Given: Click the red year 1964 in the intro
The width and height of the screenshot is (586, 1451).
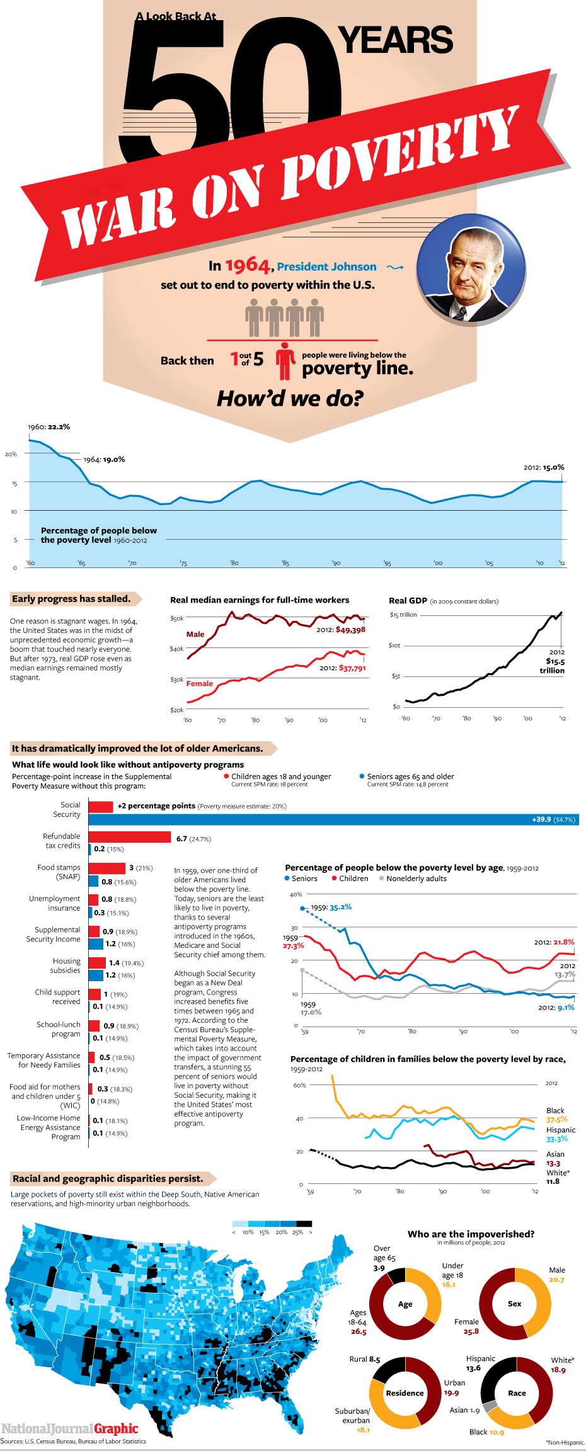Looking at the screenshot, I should click(x=247, y=265).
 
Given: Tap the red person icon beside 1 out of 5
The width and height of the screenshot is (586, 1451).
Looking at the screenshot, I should click(x=285, y=360).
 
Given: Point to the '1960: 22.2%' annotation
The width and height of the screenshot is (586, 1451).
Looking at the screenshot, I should click(x=49, y=426).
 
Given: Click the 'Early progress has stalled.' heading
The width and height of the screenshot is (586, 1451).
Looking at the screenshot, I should click(x=71, y=599).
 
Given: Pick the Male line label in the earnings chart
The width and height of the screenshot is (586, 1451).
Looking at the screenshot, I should click(x=195, y=634).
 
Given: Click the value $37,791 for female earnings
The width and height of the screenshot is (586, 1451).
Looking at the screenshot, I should click(x=352, y=668).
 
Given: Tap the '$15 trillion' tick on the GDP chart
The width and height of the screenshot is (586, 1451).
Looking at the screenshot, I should click(x=403, y=615).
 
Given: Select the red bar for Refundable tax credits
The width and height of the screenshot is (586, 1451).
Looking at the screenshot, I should click(x=130, y=837).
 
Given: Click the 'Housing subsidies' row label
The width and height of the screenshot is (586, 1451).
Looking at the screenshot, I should click(x=66, y=965).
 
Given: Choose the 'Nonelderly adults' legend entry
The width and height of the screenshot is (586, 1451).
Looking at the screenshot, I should click(x=416, y=879).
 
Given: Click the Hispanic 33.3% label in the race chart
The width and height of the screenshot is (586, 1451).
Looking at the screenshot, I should click(x=560, y=1134).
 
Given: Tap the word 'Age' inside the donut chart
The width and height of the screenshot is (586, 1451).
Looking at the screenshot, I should click(x=405, y=1304).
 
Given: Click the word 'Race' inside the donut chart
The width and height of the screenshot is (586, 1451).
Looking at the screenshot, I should click(x=517, y=1393).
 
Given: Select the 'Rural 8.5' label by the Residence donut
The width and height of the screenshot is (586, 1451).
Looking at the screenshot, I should click(x=365, y=1359).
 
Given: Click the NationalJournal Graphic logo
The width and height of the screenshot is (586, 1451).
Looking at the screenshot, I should click(x=69, y=1428).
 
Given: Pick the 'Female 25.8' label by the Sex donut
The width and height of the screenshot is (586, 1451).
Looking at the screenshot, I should click(x=467, y=1326).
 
